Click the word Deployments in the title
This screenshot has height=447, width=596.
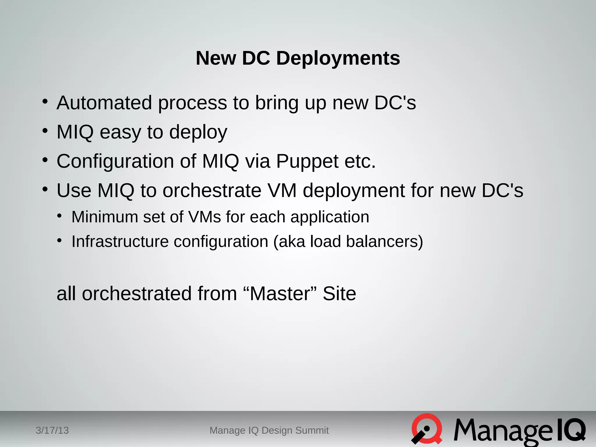coord(338,58)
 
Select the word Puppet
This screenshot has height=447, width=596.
coord(307,161)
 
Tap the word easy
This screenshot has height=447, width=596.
coord(120,132)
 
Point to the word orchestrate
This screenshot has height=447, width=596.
coord(212,191)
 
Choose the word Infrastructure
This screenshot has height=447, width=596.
coord(120,242)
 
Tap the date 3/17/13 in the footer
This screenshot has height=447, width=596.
coord(52,430)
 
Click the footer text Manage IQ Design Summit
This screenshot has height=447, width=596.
coord(269,430)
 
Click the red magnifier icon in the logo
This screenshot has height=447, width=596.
coord(427,429)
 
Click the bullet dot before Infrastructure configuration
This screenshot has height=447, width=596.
coord(60,241)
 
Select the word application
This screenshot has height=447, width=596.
coord(330,217)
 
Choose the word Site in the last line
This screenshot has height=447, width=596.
coord(339,293)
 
